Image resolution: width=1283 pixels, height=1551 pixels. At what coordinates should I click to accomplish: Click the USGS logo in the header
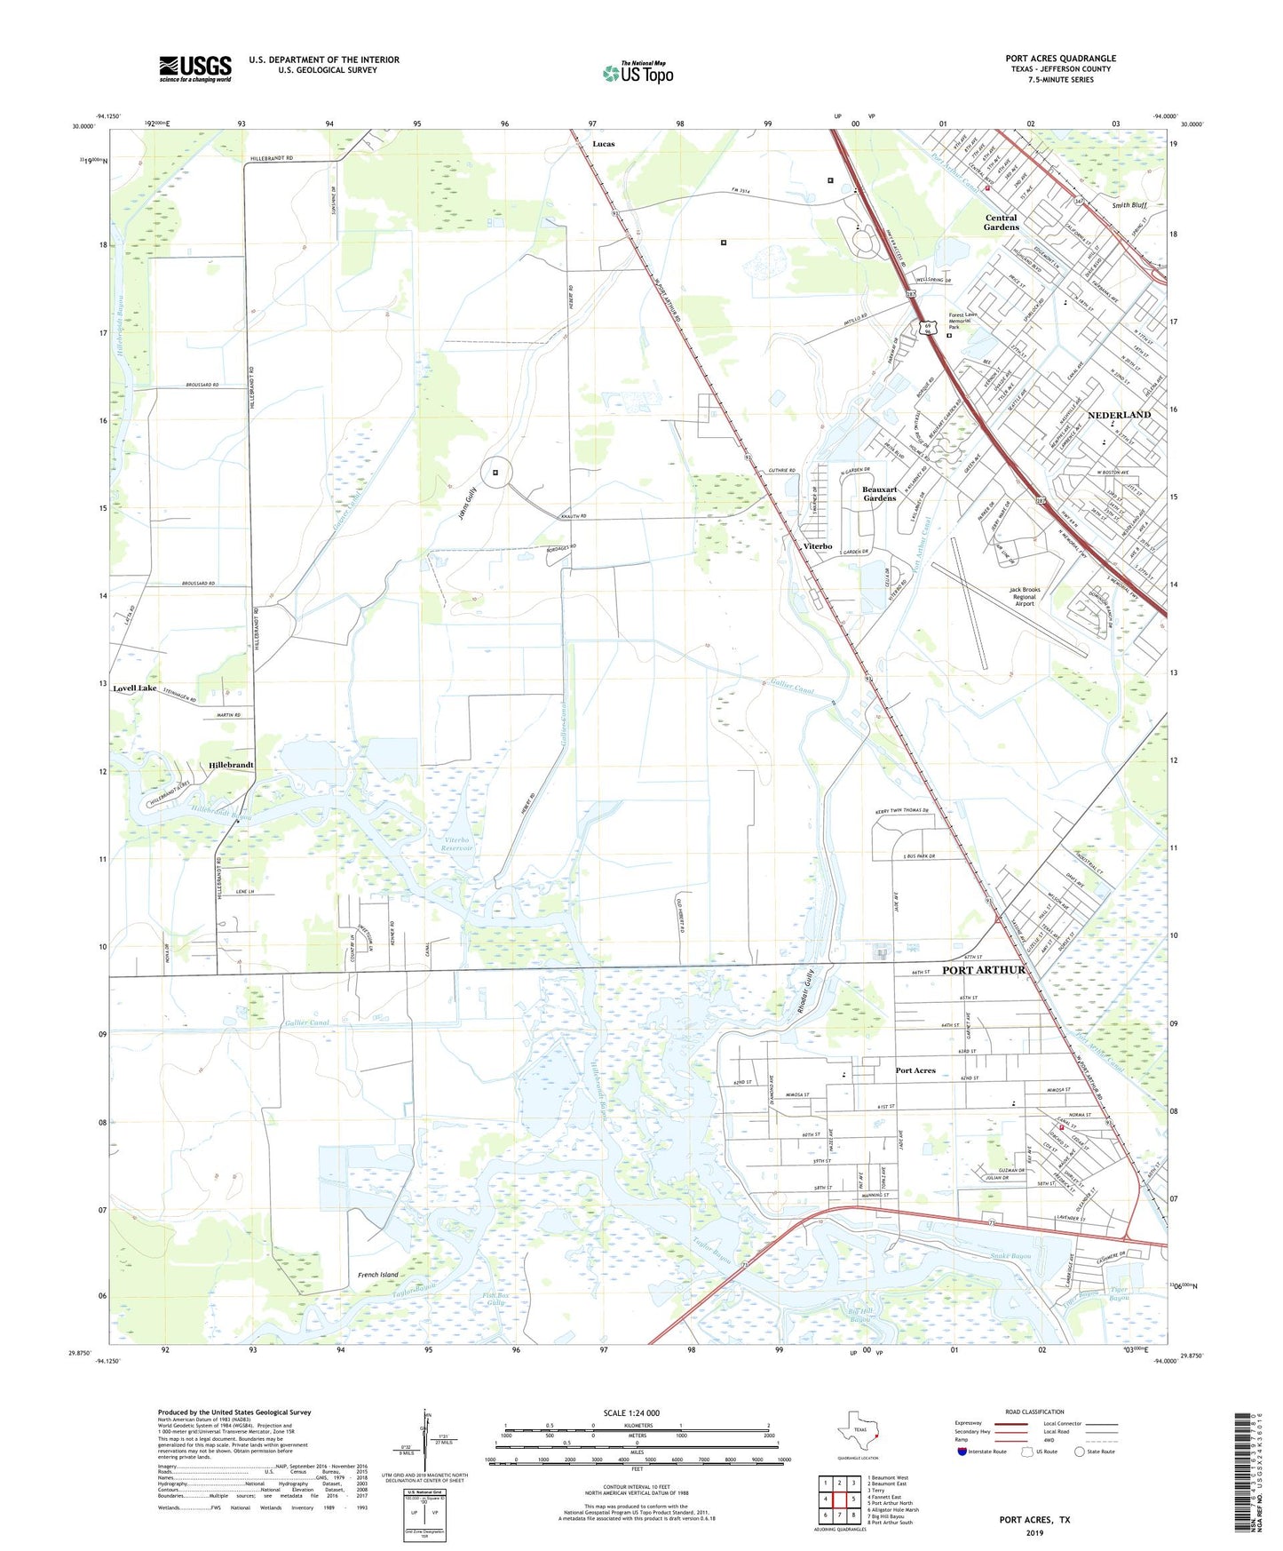click(x=195, y=68)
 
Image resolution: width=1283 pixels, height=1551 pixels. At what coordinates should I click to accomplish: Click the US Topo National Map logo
click(x=637, y=72)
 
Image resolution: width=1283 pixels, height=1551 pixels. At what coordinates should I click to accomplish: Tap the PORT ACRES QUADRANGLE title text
click(x=1060, y=59)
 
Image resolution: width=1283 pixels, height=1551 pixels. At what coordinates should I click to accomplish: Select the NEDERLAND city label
click(x=1119, y=415)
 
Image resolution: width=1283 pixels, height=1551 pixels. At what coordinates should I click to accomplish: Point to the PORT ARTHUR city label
click(x=983, y=970)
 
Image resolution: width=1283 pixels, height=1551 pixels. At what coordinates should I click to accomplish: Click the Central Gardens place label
click(x=1001, y=222)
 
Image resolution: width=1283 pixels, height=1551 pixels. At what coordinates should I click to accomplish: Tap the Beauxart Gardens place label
click(x=879, y=494)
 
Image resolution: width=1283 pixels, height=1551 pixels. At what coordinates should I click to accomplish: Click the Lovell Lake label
click(x=134, y=688)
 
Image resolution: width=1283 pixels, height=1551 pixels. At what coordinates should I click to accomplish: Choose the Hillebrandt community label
click(x=231, y=765)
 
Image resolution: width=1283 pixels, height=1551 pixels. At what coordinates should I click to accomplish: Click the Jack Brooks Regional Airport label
click(x=1024, y=596)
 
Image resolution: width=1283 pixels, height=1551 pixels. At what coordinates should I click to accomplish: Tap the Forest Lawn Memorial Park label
click(x=967, y=321)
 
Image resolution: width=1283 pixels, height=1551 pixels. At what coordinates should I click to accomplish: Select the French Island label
click(x=378, y=1275)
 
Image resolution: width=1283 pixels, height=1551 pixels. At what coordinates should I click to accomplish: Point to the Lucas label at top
click(x=604, y=144)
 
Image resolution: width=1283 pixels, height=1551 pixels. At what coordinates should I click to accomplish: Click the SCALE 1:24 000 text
click(x=631, y=1413)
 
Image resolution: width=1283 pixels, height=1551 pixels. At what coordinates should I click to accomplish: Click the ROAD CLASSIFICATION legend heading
click(x=1034, y=1412)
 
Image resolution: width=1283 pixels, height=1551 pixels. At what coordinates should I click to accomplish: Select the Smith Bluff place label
click(x=1129, y=205)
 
